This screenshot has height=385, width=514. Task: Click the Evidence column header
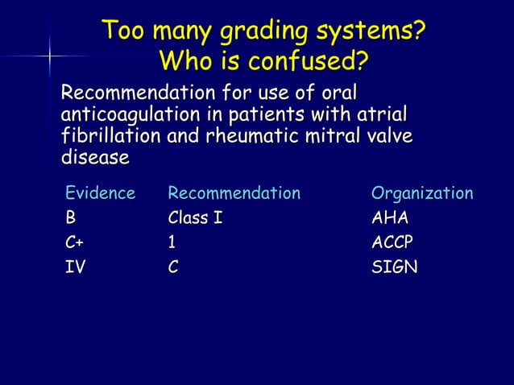click(x=101, y=193)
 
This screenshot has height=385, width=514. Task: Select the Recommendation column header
click(x=234, y=193)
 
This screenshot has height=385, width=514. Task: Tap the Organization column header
click(x=422, y=193)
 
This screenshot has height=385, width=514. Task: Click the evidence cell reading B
click(x=71, y=217)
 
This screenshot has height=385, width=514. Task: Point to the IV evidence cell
click(x=75, y=267)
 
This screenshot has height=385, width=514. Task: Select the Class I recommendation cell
click(x=194, y=217)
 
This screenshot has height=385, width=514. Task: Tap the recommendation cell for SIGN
click(x=173, y=267)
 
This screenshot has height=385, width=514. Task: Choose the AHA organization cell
click(x=390, y=217)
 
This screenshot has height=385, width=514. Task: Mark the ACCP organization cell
click(x=394, y=242)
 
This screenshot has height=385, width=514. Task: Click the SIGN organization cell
click(x=394, y=267)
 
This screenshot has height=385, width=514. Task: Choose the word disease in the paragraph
click(x=95, y=159)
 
